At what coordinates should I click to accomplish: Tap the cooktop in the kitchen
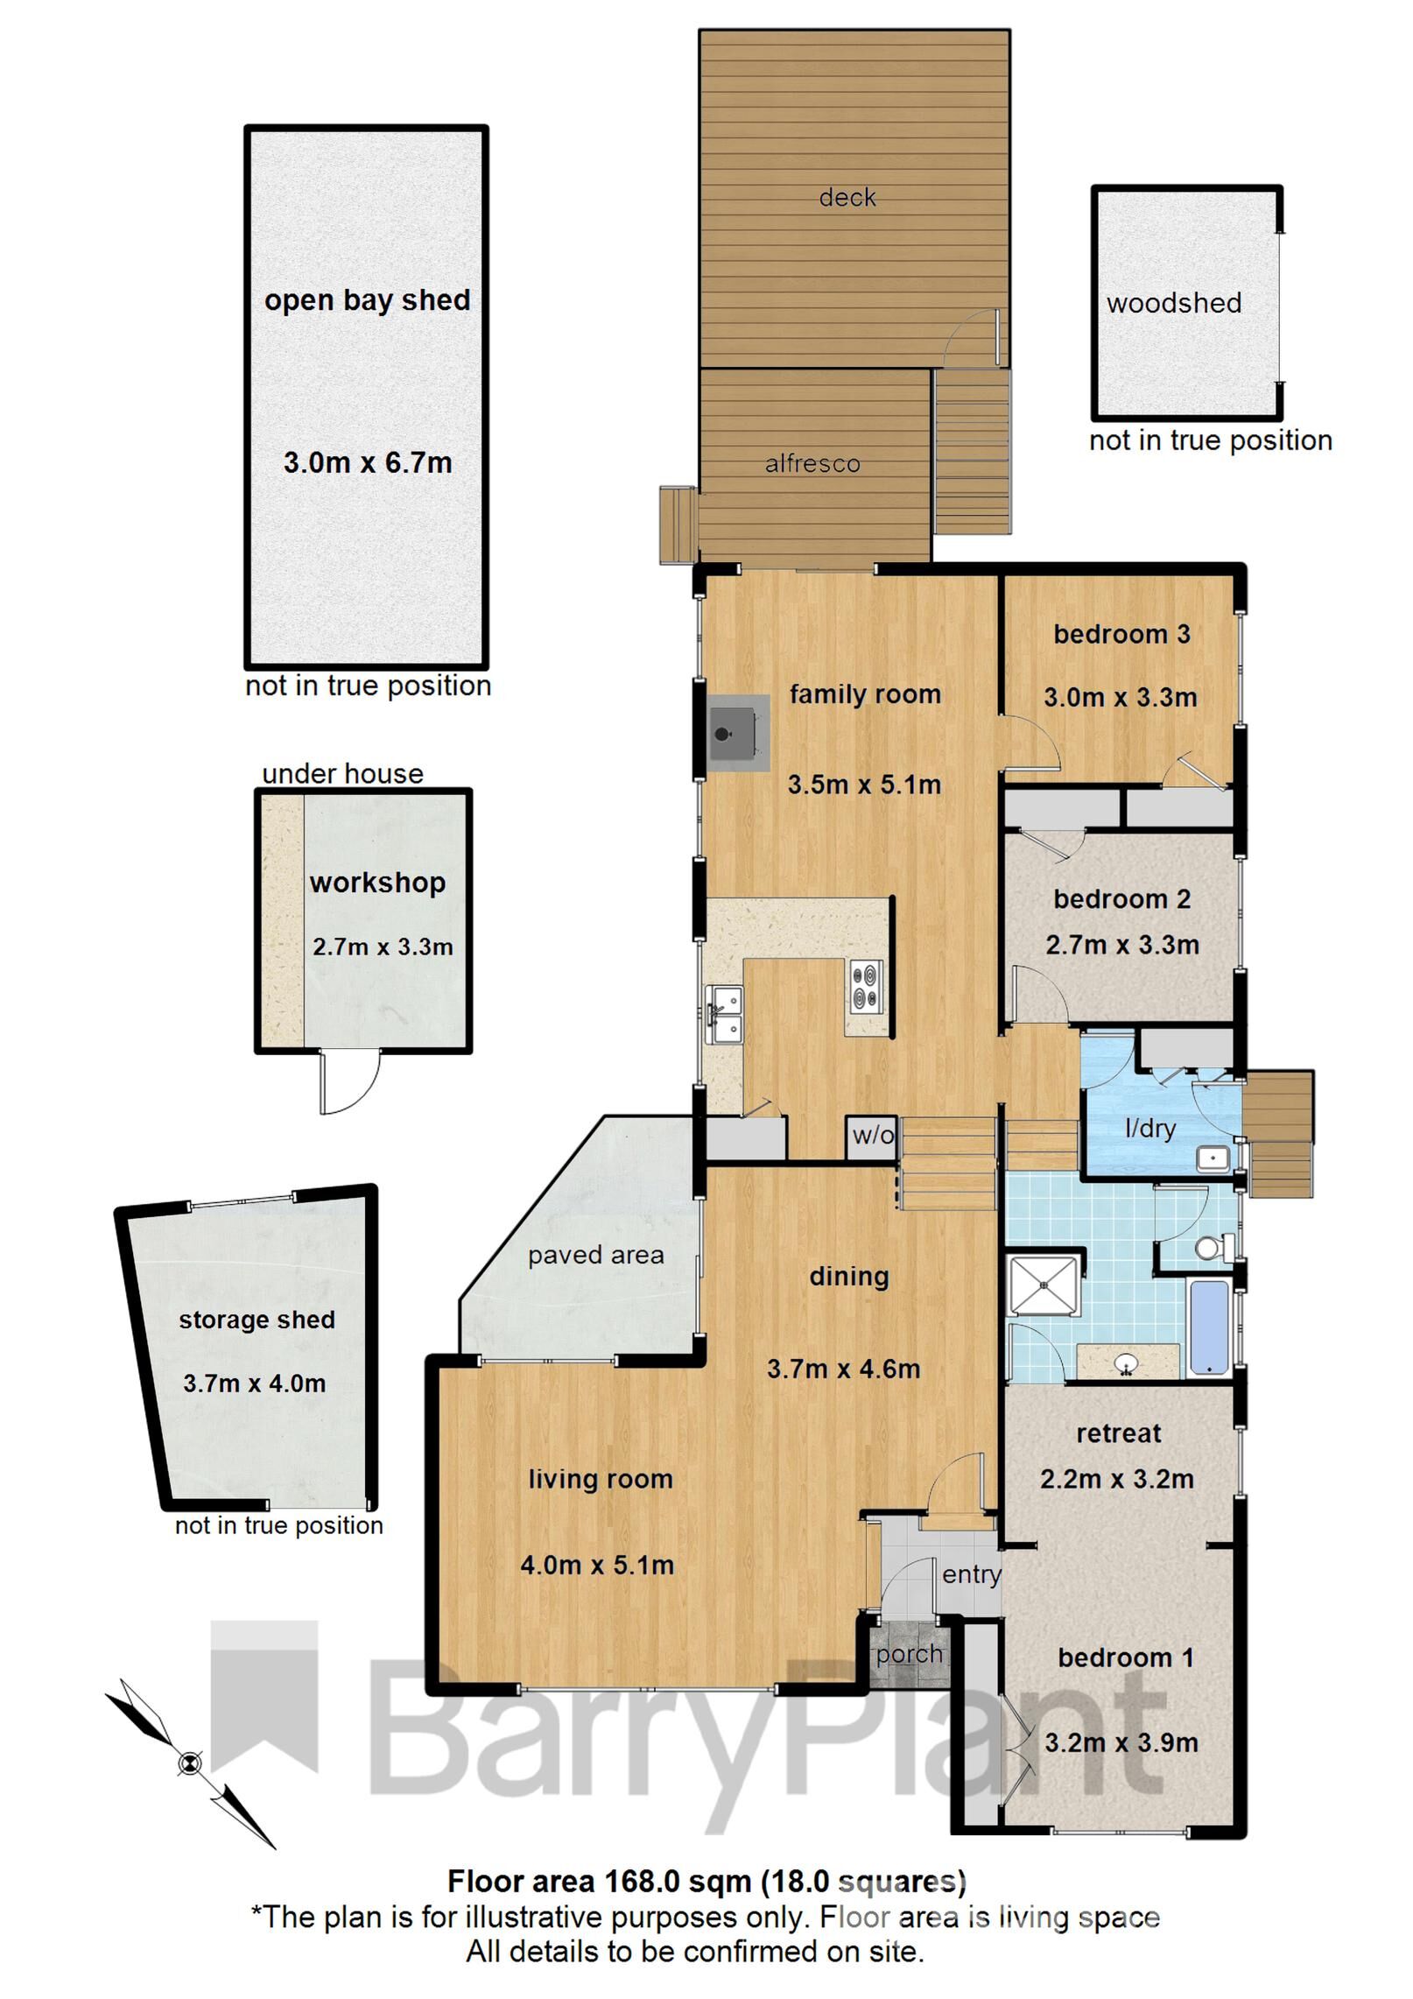(x=865, y=987)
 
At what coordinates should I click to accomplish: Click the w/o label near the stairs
(x=873, y=1137)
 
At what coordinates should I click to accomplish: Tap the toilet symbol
(x=1211, y=1248)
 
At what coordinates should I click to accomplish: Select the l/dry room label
(x=1149, y=1129)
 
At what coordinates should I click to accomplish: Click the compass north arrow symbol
(x=189, y=1763)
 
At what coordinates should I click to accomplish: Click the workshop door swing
(x=350, y=1083)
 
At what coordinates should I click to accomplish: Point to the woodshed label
(x=1173, y=303)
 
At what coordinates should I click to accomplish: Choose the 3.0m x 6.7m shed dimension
(x=368, y=462)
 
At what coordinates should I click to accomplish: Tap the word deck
(x=847, y=198)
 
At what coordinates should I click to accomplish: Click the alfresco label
(x=812, y=463)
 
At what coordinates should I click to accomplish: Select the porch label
(x=910, y=1654)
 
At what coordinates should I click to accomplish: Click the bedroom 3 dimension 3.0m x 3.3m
(x=1120, y=698)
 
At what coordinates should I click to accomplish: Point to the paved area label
(x=595, y=1255)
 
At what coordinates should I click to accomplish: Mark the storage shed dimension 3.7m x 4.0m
(x=254, y=1383)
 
